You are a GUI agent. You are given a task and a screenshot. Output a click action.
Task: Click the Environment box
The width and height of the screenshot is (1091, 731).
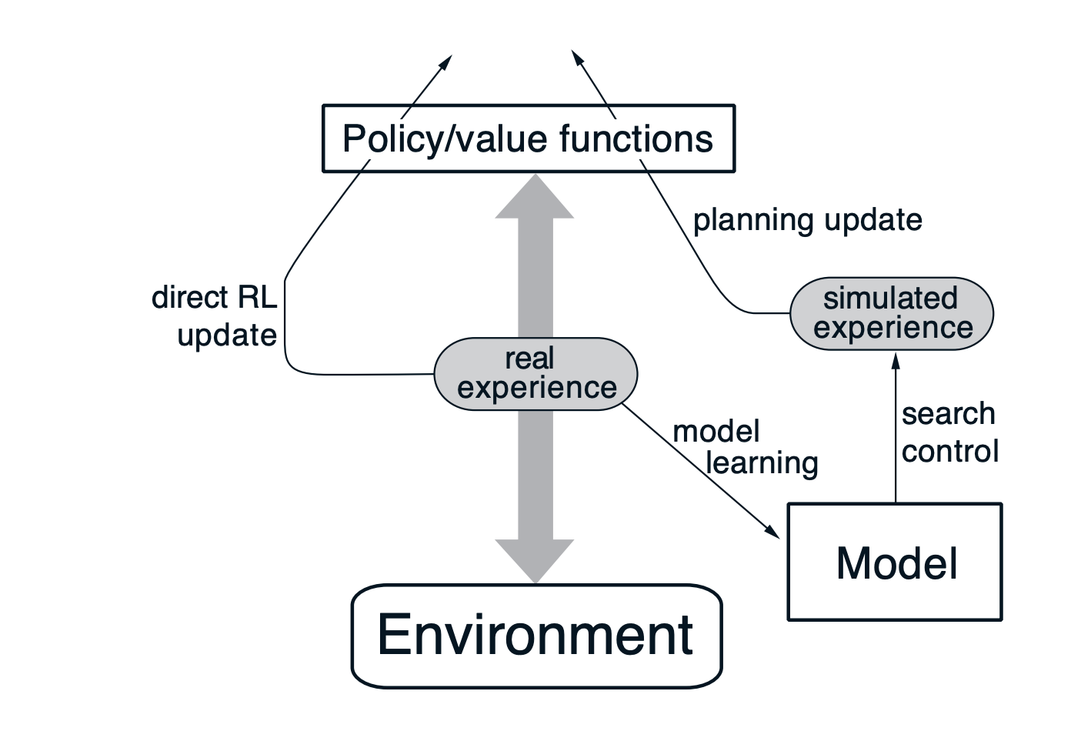click(x=536, y=636)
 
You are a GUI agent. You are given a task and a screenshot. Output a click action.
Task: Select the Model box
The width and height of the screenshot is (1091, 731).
click(x=895, y=562)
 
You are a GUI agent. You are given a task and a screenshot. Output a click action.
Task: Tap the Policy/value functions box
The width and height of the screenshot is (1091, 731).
click(x=528, y=139)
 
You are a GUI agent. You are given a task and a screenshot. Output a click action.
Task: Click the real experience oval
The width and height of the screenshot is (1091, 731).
click(x=536, y=373)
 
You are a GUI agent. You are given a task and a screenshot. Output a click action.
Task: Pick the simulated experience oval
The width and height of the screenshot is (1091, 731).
click(x=892, y=313)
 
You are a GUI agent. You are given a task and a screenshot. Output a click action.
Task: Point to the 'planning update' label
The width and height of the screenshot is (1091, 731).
click(x=807, y=220)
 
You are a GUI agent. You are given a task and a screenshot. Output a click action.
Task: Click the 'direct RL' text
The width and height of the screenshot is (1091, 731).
click(x=214, y=297)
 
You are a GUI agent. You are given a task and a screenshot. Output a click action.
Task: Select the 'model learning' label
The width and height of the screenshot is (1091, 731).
click(x=745, y=447)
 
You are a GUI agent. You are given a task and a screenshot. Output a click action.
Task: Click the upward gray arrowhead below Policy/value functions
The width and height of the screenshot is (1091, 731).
click(x=535, y=197)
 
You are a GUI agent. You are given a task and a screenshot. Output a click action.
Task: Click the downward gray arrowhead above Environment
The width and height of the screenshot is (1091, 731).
click(x=535, y=561)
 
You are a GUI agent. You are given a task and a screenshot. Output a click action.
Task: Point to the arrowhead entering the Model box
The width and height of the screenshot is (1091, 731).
click(x=772, y=530)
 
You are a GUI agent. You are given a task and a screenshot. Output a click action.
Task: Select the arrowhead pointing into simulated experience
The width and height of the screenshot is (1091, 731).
click(x=895, y=360)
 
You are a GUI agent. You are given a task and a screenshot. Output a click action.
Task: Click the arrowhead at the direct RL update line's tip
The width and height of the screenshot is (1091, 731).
click(x=446, y=62)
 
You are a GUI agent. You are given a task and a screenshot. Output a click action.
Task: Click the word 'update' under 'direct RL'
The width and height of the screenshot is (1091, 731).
click(x=227, y=335)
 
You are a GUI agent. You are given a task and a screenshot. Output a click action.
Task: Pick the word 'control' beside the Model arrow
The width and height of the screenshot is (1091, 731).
click(x=950, y=451)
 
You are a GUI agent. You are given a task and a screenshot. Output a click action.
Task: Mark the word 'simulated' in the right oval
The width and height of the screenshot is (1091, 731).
click(x=890, y=299)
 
